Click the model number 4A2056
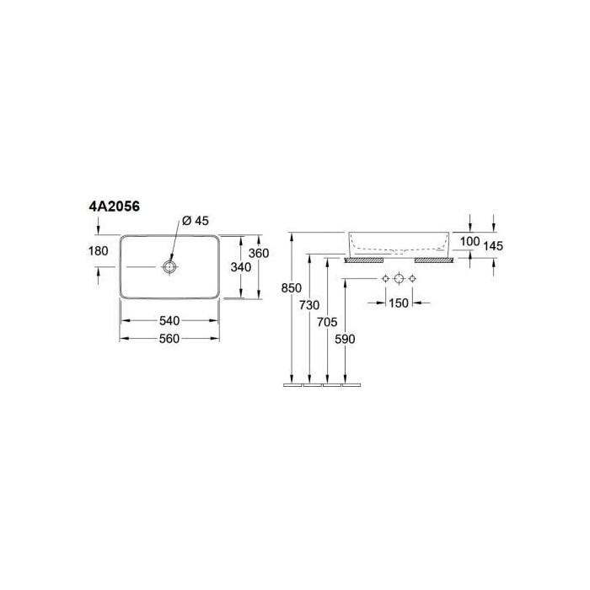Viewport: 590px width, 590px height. coord(114,206)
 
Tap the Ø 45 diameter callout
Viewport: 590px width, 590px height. coord(196,221)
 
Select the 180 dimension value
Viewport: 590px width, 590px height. coord(99,250)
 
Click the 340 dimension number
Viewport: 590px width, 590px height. coord(241,267)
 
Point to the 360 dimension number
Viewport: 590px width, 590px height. coord(259,253)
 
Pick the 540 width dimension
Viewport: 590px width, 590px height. coord(169,321)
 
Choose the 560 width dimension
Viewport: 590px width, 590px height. coord(169,339)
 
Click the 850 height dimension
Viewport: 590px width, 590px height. coord(292,288)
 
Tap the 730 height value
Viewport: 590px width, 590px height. coord(309,305)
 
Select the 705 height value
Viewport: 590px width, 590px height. coord(327,322)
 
